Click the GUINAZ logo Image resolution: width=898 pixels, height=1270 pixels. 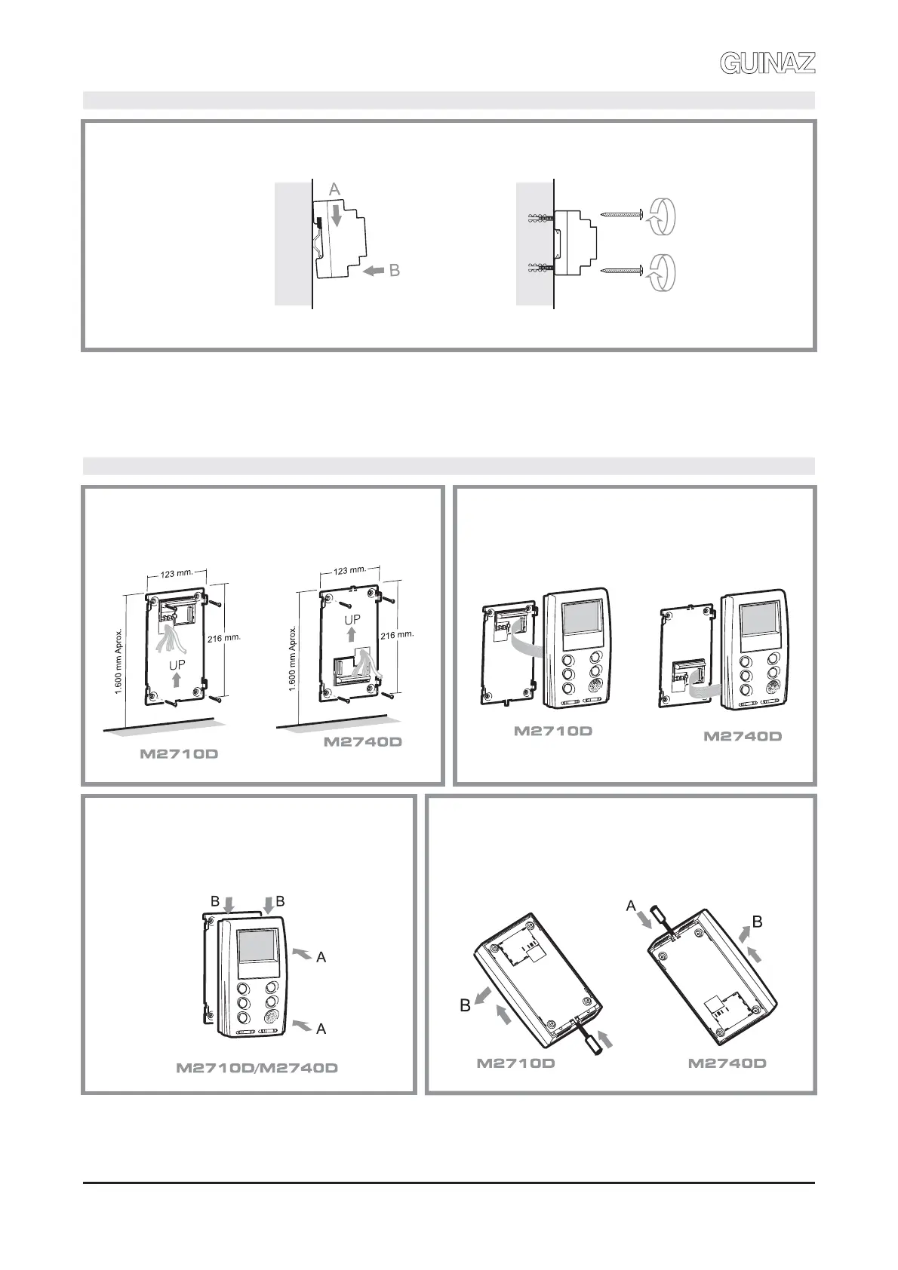[x=767, y=63]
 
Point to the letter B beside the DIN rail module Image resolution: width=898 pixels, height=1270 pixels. [x=394, y=271]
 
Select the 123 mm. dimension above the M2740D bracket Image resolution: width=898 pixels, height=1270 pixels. [x=349, y=570]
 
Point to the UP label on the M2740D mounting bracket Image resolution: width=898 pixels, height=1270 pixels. [x=352, y=620]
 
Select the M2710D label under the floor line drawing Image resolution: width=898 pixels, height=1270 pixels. [x=179, y=753]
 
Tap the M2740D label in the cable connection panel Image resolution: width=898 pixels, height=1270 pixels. [x=742, y=736]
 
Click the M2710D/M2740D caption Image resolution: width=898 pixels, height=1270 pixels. [x=257, y=1068]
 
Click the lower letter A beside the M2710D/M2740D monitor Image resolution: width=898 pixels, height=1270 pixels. [x=321, y=1029]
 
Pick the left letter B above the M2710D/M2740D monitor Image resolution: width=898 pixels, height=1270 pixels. [x=215, y=901]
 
